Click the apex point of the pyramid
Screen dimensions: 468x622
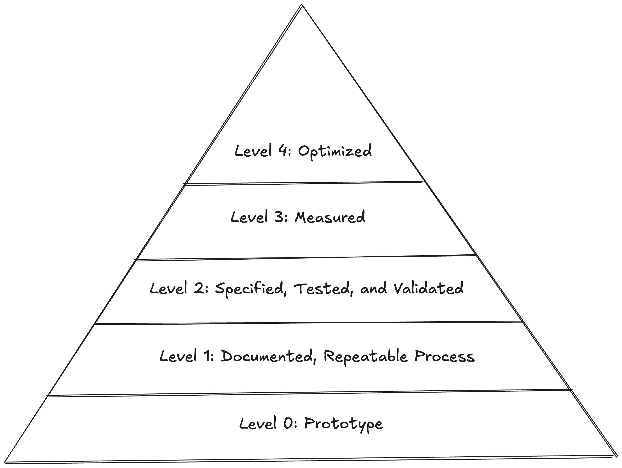(x=302, y=5)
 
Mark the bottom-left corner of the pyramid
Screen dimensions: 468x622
(x=5, y=462)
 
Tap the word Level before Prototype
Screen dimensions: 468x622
(x=258, y=423)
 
